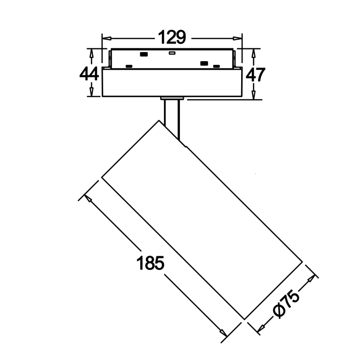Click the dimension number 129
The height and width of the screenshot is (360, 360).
pos(172,37)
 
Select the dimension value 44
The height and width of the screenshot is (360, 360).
pos(89,74)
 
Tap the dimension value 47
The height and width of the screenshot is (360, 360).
pos(255,75)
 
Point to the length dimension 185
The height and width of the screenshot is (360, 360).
pos(150,263)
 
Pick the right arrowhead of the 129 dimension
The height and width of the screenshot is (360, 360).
pos(238,38)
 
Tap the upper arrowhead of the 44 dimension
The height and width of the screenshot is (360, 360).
pos(91,54)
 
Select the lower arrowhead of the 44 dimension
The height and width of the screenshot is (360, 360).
pos(91,92)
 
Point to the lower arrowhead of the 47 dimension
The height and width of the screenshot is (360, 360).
pos(253,94)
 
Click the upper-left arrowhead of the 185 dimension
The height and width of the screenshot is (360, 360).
pos(88,198)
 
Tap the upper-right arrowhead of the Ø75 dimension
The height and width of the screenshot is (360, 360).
pos(311,279)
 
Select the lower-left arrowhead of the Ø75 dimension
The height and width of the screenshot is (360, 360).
pos(262,328)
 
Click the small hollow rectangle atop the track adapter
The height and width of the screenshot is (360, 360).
pos(172,53)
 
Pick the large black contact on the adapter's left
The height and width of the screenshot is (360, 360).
pos(144,54)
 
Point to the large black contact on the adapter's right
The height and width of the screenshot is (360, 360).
pos(204,63)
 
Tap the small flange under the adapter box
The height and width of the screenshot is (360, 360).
pos(172,99)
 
